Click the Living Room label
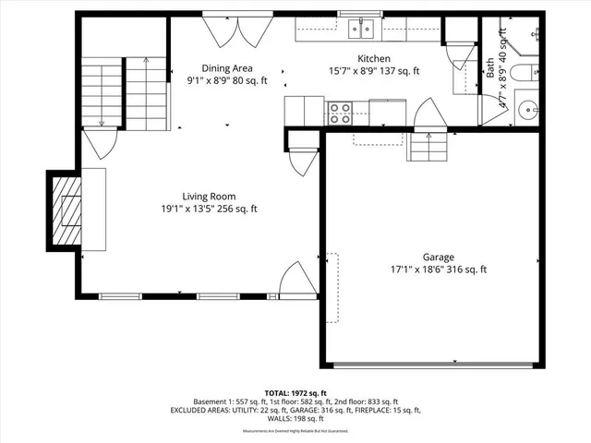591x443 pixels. click(208, 196)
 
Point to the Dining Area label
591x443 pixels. click(227, 68)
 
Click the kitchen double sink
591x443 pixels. click(361, 30)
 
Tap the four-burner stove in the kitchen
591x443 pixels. click(339, 113)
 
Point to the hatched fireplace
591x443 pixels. click(67, 211)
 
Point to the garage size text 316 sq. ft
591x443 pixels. click(466, 270)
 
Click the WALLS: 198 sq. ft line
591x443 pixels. click(295, 418)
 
